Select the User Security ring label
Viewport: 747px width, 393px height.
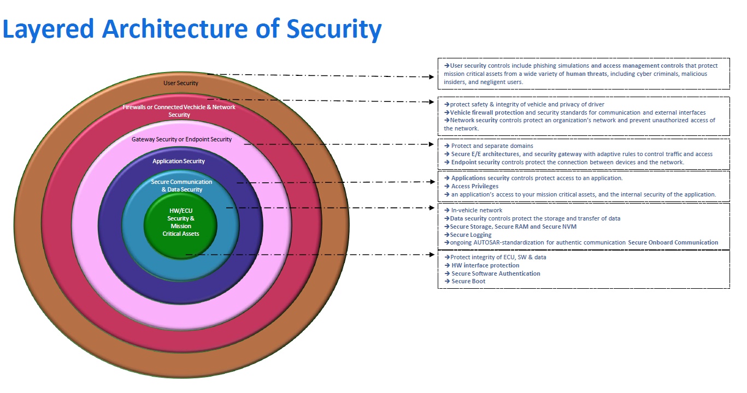click(x=181, y=84)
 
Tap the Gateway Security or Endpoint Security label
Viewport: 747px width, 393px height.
click(x=181, y=139)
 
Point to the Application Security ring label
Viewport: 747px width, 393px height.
click(x=179, y=161)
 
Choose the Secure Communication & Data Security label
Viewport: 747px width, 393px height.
click(x=181, y=186)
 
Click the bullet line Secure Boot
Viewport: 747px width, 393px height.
click(x=468, y=282)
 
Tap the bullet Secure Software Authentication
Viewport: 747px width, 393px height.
click(x=496, y=273)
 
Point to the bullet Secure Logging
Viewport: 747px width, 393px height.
click(x=470, y=235)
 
